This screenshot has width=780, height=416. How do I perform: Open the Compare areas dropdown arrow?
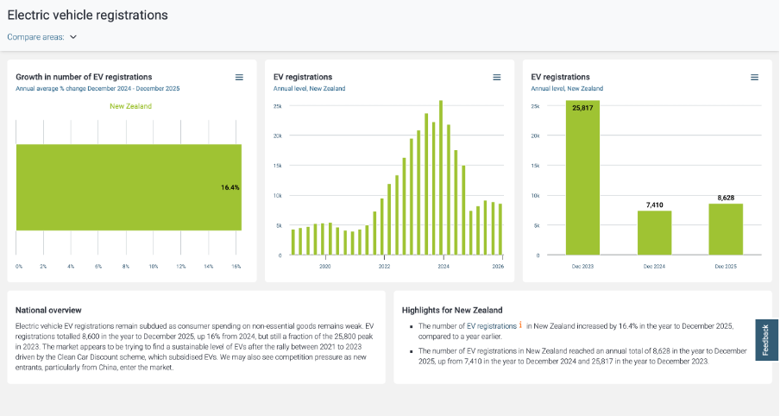[73, 37]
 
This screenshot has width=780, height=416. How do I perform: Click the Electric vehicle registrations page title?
[88, 15]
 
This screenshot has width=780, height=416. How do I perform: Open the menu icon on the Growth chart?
[239, 78]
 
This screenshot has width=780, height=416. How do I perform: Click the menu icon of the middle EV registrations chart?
[497, 78]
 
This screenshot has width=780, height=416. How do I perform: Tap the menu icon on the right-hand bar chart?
[754, 78]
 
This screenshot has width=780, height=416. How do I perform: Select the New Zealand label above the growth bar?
[130, 106]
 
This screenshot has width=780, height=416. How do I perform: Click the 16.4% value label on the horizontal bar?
[230, 187]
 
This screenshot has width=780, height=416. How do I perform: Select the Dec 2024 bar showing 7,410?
[654, 233]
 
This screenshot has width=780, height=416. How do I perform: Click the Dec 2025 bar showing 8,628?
[726, 229]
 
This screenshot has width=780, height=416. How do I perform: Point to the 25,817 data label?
[583, 108]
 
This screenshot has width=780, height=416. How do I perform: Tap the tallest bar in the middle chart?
[441, 178]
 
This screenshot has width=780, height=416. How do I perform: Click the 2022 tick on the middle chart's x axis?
[384, 267]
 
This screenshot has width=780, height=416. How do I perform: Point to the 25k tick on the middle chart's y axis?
[278, 106]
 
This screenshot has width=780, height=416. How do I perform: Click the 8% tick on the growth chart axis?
[126, 267]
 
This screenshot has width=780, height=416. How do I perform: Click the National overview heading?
[49, 310]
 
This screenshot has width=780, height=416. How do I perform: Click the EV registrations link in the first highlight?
[492, 326]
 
